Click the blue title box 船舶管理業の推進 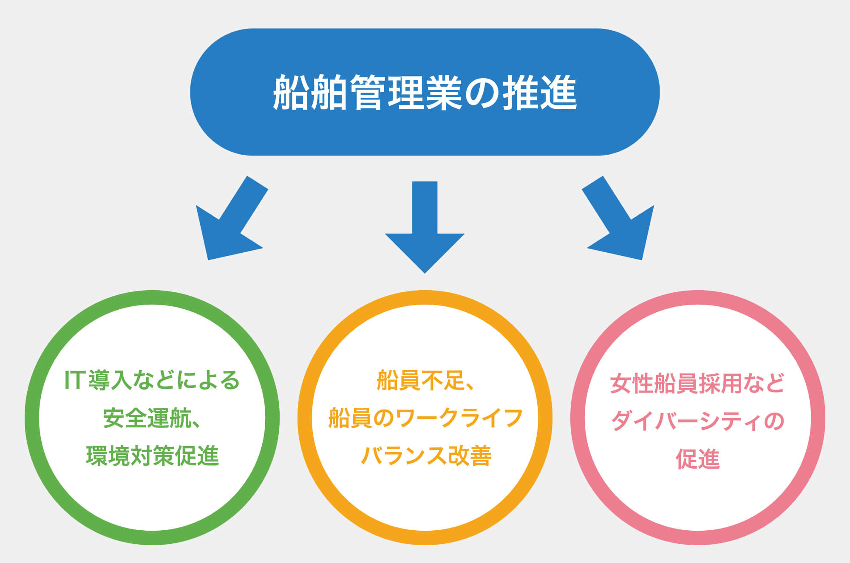(x=425, y=92)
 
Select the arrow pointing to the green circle (x=232, y=218)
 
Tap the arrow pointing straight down (x=425, y=227)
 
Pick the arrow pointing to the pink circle (x=618, y=218)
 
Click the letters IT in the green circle (x=74, y=380)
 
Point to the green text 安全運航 (x=147, y=418)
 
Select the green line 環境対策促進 (x=152, y=456)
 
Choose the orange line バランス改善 (x=426, y=456)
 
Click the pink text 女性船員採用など (x=697, y=383)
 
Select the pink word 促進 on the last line (x=698, y=459)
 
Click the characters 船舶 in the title (x=309, y=92)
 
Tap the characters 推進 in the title (x=541, y=92)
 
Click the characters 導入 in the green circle (x=110, y=380)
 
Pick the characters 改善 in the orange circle (x=470, y=456)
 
